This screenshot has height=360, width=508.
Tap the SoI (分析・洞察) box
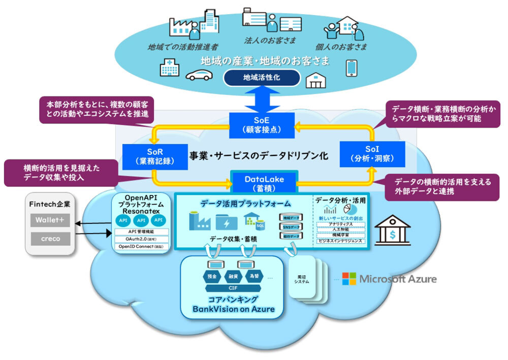372,154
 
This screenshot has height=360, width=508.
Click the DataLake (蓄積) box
264,181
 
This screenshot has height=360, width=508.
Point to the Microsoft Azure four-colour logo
348,279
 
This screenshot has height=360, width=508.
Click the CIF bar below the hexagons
233,288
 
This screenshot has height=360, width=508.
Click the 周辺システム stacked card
302,280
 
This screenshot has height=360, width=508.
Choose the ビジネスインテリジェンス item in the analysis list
340,241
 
